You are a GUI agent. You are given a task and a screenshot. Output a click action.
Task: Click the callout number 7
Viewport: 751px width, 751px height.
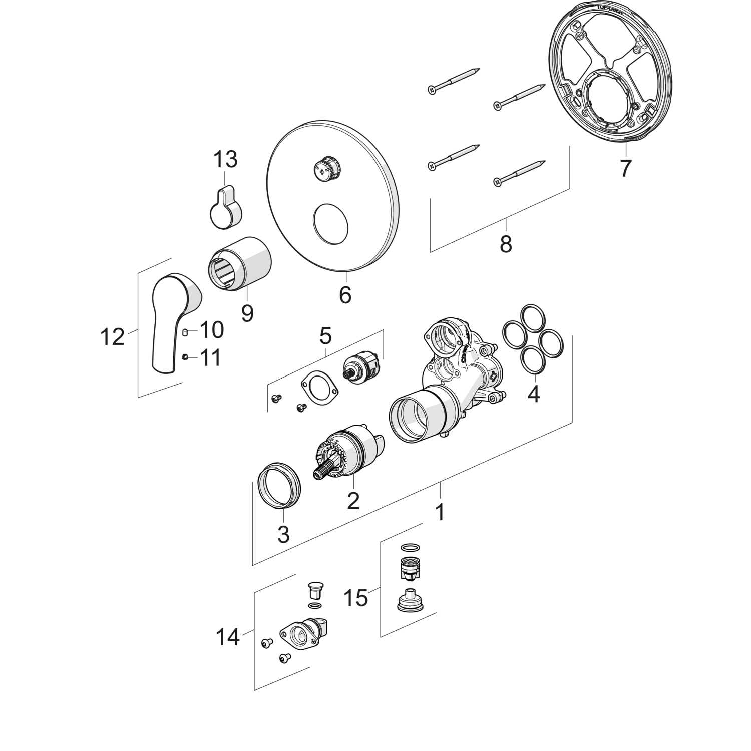click(624, 169)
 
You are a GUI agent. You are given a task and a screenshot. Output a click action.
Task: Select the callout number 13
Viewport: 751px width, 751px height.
click(225, 160)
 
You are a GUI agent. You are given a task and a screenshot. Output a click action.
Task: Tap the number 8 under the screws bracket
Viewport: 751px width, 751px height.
click(506, 244)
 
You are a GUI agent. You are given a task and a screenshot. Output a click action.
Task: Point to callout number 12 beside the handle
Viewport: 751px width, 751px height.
click(112, 337)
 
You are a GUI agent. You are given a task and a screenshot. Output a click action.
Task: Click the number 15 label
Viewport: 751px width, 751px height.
click(356, 597)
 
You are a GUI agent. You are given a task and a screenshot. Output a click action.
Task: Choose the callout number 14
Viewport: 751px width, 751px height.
click(228, 637)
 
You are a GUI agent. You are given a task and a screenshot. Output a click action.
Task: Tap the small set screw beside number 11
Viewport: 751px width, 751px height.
click(185, 357)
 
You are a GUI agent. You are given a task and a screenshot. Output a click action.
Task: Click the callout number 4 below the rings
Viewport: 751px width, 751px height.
click(534, 394)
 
